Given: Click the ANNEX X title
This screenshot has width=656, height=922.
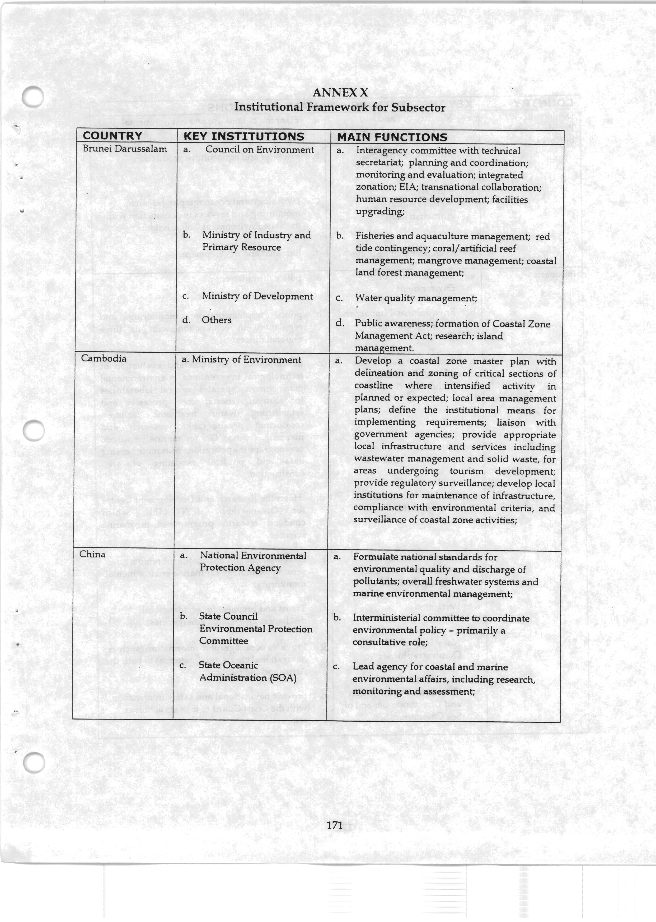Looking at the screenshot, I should pyautogui.click(x=340, y=93).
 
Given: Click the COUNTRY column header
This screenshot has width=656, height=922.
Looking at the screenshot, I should pyautogui.click(x=113, y=136).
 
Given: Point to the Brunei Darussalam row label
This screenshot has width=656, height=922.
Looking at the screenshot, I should pyautogui.click(x=125, y=149).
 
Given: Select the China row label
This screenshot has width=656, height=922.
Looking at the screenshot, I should pyautogui.click(x=92, y=554).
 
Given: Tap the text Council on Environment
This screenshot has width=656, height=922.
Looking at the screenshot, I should pyautogui.click(x=259, y=150).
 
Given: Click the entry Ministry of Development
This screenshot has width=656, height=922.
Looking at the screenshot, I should pyautogui.click(x=257, y=296).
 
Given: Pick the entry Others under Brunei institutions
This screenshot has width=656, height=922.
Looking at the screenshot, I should pyautogui.click(x=217, y=320).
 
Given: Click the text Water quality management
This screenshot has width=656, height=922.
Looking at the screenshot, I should pyautogui.click(x=416, y=299).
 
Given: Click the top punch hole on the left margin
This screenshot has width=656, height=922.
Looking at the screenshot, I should pyautogui.click(x=32, y=97).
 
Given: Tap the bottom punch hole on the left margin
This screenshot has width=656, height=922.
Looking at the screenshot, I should pyautogui.click(x=34, y=763).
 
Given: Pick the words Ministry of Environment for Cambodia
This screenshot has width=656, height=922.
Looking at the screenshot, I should pyautogui.click(x=246, y=360).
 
